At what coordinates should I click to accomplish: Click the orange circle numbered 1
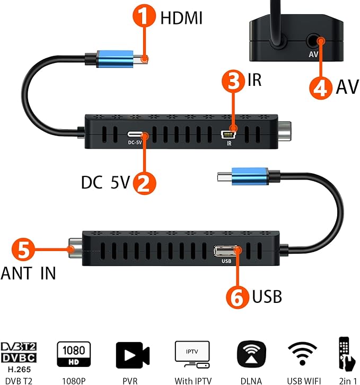(144, 15)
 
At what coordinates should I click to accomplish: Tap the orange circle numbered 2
(144, 183)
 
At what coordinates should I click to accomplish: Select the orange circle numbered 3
(233, 81)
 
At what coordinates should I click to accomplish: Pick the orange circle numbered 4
(321, 88)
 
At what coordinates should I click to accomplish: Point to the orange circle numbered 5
(23, 249)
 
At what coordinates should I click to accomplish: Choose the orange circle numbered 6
(238, 297)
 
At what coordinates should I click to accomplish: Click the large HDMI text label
(181, 18)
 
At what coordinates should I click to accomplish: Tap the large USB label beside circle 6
(267, 297)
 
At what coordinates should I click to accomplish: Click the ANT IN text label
(28, 273)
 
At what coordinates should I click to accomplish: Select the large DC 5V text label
(106, 182)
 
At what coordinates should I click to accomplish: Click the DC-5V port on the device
(135, 135)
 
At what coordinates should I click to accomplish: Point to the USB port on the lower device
(226, 251)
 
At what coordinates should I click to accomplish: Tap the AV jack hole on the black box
(313, 41)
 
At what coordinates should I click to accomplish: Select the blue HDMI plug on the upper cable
(115, 59)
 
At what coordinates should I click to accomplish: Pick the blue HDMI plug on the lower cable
(250, 176)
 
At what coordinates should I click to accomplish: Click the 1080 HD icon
(74, 354)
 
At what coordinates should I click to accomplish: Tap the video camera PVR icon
(133, 355)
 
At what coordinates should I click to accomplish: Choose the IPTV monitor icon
(192, 354)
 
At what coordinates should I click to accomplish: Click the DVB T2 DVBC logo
(19, 353)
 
